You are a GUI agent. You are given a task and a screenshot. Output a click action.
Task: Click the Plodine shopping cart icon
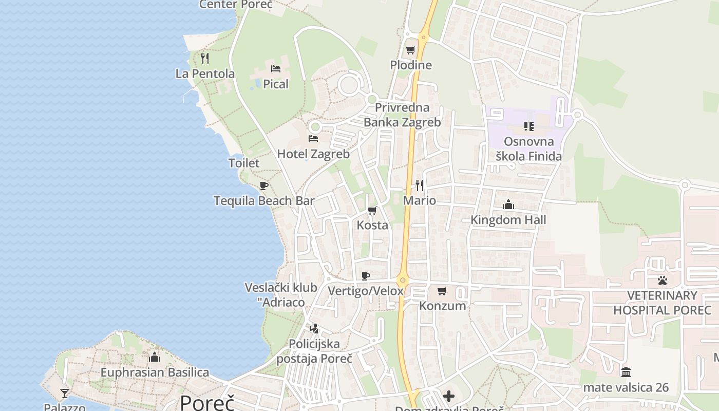[410, 50]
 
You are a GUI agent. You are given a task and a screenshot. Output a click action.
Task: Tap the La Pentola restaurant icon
[205, 58]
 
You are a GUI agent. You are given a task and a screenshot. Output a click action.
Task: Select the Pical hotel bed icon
[276, 68]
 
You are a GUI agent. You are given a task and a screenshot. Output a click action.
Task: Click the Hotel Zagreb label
[313, 154]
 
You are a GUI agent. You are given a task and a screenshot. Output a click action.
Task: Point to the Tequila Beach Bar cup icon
[264, 185]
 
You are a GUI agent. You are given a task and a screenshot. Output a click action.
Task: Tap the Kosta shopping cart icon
[372, 210]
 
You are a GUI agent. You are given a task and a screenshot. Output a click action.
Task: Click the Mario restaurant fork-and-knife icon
[420, 185]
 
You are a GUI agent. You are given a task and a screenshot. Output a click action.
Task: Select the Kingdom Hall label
[508, 220]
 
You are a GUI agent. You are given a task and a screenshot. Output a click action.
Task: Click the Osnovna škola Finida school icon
[528, 126]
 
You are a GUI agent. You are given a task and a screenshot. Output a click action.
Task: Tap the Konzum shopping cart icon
[442, 291]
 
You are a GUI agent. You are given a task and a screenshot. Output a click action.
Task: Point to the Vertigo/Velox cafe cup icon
[366, 276]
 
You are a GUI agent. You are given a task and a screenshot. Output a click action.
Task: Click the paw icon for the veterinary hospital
[663, 281]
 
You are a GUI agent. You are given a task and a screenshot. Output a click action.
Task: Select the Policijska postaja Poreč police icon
[314, 328]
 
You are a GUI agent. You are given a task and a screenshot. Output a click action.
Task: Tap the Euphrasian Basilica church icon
[155, 357]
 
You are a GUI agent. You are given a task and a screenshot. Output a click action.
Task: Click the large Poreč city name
[207, 402]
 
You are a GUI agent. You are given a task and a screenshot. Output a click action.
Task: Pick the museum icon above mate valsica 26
[626, 372]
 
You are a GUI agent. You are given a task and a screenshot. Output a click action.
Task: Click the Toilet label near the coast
[244, 163]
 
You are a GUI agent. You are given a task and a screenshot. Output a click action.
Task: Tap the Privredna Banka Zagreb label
[402, 115]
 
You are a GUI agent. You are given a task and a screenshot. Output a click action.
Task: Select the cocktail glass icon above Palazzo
[65, 394]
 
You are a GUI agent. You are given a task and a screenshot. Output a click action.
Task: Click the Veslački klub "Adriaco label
[281, 294]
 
